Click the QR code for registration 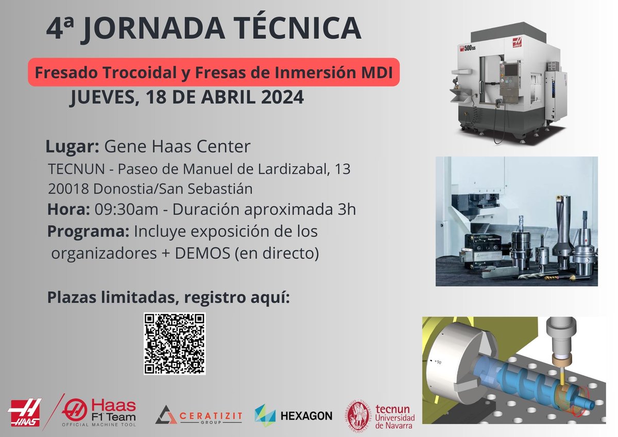[x=175, y=343]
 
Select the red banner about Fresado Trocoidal [x=213, y=72]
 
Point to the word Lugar [x=72, y=147]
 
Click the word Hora [x=68, y=210]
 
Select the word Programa [x=88, y=232]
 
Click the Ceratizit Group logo [x=195, y=414]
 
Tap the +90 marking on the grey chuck [x=438, y=362]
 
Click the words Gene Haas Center [x=177, y=147]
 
